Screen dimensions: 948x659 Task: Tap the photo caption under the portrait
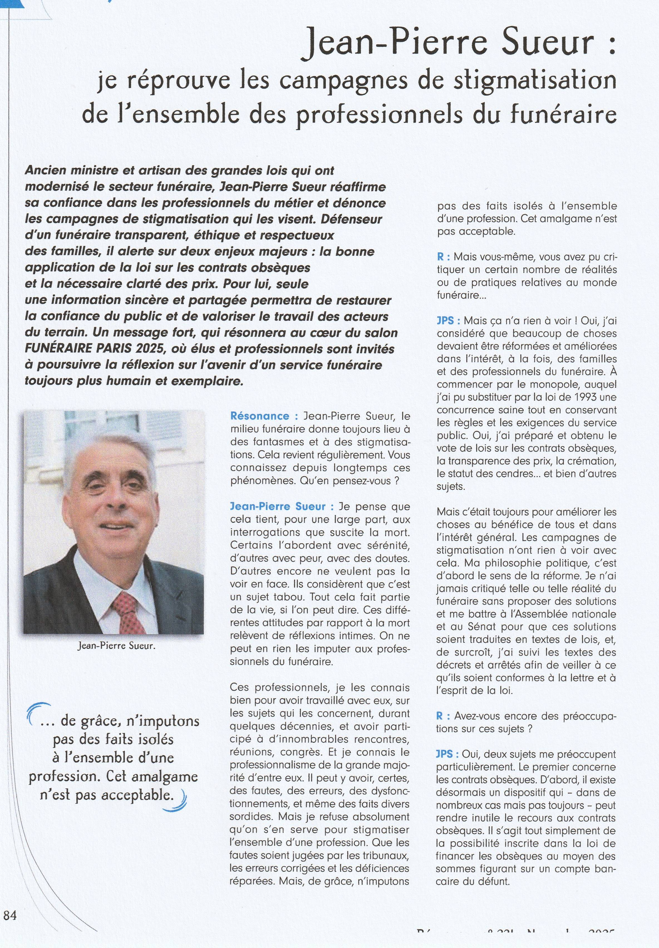pyautogui.click(x=116, y=646)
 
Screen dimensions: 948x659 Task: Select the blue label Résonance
pyautogui.click(x=259, y=416)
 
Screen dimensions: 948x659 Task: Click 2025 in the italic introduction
pyautogui.click(x=147, y=349)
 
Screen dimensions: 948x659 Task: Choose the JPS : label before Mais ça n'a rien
pyautogui.click(x=448, y=321)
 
